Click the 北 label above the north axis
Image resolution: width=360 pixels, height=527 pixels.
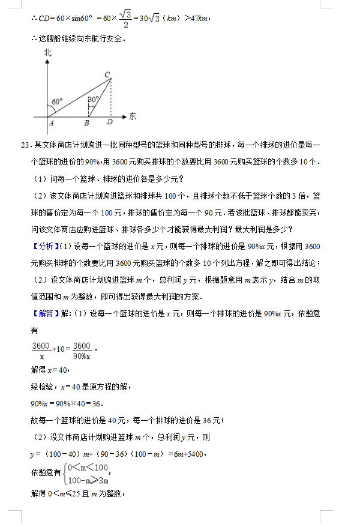click(48, 53)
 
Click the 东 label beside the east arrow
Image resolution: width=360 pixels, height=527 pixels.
click(133, 116)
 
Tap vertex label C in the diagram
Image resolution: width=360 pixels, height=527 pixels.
click(107, 74)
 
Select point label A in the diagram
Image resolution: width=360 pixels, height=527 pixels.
click(52, 124)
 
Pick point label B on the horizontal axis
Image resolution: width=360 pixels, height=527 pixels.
click(87, 124)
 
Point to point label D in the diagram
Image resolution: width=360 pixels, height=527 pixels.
click(109, 124)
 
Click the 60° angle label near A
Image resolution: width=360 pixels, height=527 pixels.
click(57, 102)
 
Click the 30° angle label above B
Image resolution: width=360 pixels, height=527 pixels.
click(93, 99)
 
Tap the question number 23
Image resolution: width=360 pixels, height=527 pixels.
click(25, 146)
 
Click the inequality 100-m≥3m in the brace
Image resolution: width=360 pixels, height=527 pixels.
click(88, 480)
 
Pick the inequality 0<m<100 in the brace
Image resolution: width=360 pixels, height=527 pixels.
click(88, 468)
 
